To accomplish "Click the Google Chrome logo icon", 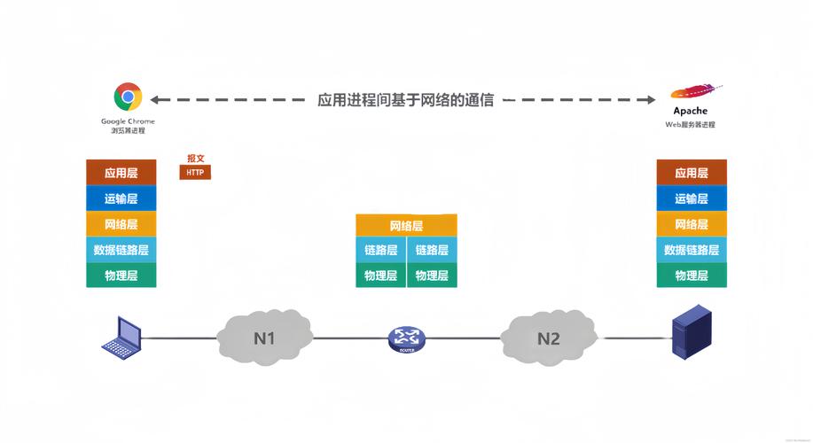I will coord(128,97).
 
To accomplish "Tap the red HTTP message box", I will coord(195,172).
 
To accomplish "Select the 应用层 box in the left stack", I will coord(121,173).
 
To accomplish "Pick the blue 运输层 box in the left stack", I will coord(121,198).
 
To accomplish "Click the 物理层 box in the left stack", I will coord(121,276).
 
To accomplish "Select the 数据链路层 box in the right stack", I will coord(692,250).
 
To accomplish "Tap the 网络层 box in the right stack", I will coord(692,224).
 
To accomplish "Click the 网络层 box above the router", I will coord(406,226).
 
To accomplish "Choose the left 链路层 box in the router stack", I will coord(381,250).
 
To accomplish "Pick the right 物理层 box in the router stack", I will coord(432,276).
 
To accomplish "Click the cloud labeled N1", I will coord(264,338).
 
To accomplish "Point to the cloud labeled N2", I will coord(548,338).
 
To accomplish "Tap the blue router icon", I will coord(406,338).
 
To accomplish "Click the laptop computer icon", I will coord(121,338).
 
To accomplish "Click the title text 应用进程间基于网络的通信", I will coord(406,100).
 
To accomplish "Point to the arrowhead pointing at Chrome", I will coord(156,100).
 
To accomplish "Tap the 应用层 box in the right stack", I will coord(692,173).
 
